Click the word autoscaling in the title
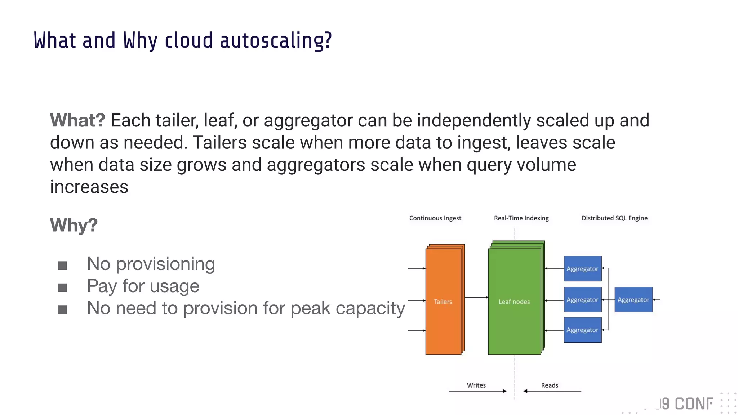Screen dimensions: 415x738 tap(276, 40)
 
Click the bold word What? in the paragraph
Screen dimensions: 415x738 tap(77, 120)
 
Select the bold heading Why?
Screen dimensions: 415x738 tap(74, 226)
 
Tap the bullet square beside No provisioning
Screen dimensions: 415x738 tap(63, 266)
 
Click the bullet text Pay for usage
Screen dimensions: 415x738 tap(143, 286)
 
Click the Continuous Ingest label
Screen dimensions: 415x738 tap(435, 218)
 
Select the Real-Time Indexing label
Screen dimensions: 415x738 tap(521, 218)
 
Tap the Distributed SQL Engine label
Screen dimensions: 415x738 tap(614, 218)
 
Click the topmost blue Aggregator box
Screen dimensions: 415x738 tap(582, 269)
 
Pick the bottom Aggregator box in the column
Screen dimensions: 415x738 tap(582, 330)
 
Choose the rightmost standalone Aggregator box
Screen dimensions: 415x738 tap(633, 300)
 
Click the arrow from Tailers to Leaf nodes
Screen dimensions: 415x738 tap(476, 298)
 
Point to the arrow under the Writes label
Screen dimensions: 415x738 tap(477, 391)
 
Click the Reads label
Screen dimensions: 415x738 tap(550, 385)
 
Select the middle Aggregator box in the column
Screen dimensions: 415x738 tap(582, 300)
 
